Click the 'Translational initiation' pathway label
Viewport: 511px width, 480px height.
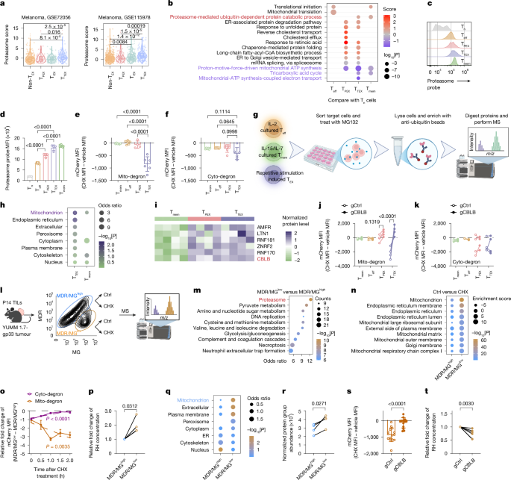tap(286, 6)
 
